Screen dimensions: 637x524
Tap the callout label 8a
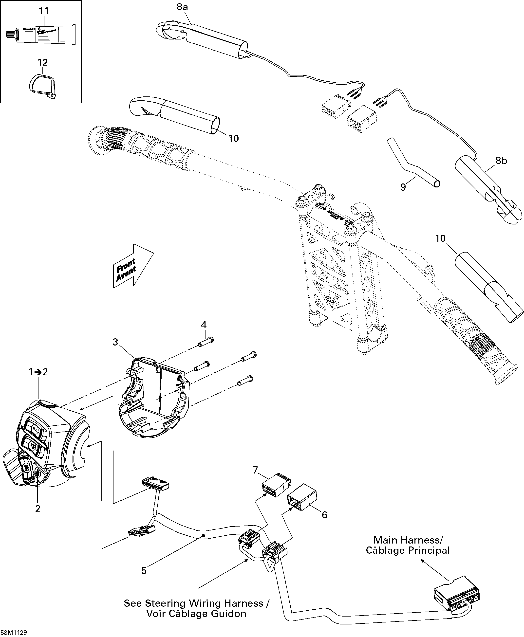pos(182,7)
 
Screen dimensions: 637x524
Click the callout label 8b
pos(501,161)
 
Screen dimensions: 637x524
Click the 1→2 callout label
pos(38,372)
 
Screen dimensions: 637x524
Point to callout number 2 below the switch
pos(38,509)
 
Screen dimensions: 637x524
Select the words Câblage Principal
pos(408,550)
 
